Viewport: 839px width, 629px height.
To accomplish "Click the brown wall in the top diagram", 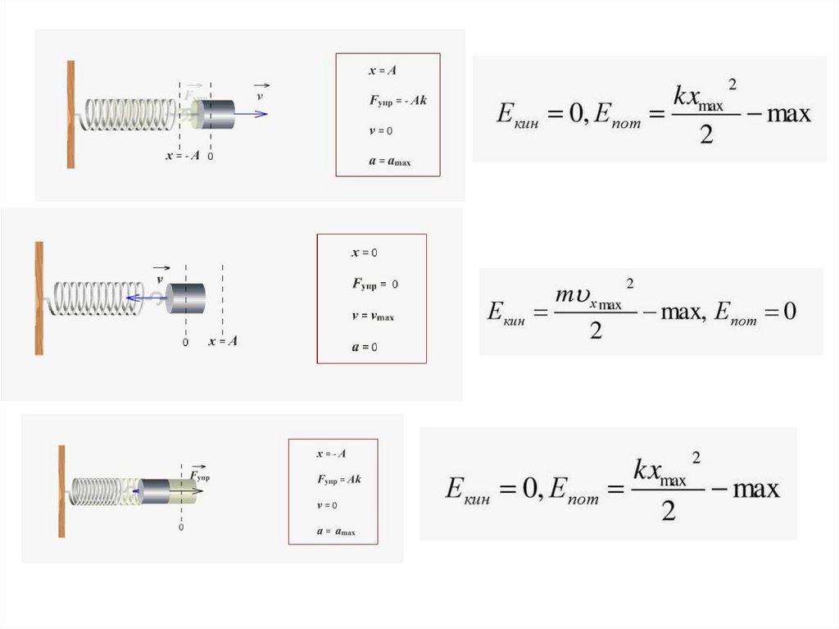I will (x=71, y=115).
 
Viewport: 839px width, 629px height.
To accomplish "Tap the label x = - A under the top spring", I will (x=182, y=156).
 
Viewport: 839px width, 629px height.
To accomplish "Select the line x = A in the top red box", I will (x=383, y=71).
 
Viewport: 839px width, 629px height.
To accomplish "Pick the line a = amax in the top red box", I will (x=389, y=162).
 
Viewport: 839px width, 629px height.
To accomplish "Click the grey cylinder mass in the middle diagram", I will (x=186, y=298).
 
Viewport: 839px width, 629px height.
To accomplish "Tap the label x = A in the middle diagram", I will (x=223, y=341).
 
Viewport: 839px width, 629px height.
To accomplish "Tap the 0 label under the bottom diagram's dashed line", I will (x=181, y=527).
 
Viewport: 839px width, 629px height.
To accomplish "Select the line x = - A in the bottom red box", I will (x=331, y=454).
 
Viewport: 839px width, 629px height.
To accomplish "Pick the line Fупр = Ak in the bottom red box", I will (x=338, y=479).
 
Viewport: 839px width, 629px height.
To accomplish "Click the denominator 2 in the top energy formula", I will (x=706, y=134).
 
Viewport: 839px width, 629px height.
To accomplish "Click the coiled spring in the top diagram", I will (x=131, y=115).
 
